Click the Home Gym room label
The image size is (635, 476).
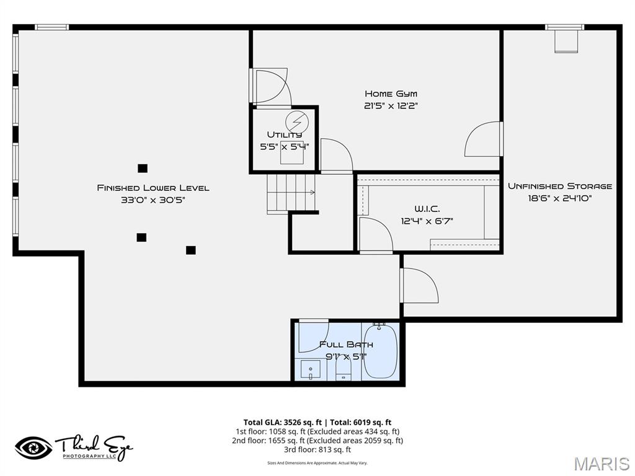point(391,94)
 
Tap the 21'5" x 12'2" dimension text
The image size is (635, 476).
point(391,105)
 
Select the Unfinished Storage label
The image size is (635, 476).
point(560,186)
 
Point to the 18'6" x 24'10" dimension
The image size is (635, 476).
point(560,198)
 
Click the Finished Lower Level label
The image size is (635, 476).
point(153,188)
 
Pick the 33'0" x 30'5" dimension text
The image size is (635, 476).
point(153,200)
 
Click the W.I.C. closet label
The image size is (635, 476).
point(427,209)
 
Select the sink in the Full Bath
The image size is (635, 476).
point(310,371)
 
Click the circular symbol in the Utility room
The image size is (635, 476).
point(296,120)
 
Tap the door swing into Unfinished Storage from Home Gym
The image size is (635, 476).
point(482,139)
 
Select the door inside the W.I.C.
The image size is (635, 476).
point(375,235)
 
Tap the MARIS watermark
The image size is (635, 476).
point(601,463)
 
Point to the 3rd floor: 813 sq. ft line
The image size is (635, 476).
point(317,449)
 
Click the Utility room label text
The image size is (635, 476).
point(285,134)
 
